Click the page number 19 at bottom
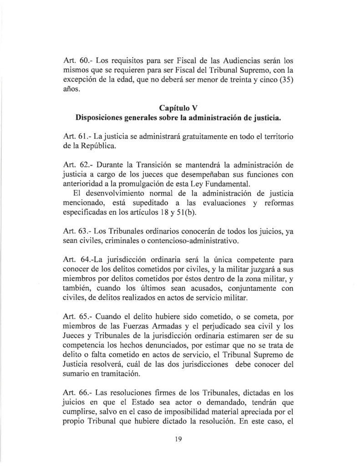178,439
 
